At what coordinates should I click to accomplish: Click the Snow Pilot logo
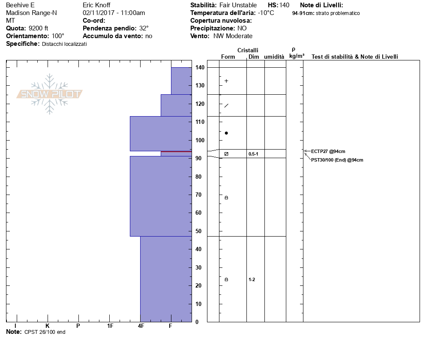coord(50,94)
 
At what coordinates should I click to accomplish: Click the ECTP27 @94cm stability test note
coord(328,151)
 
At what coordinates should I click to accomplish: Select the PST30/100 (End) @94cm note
coord(337,160)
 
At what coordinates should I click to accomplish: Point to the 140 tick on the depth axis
coord(199,68)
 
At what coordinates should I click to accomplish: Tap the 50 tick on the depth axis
coord(199,231)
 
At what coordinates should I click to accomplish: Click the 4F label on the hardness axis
coord(141,326)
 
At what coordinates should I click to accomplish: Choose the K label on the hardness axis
coord(48,326)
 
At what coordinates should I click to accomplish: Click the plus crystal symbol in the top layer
coord(226,81)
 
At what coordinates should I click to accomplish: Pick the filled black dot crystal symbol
coord(226,133)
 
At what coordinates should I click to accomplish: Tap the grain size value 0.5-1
coord(253,154)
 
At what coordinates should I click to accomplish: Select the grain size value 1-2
coord(252,279)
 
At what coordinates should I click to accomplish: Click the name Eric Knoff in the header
coord(96,5)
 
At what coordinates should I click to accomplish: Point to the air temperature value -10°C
coord(266,13)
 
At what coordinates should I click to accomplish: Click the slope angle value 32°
coord(144,28)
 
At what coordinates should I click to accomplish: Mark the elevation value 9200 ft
coord(39,28)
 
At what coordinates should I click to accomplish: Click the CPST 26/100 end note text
coord(45,332)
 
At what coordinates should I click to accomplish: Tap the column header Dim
coord(254,57)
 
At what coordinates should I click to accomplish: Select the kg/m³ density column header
coord(297,56)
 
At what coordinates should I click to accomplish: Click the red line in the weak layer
coord(176,152)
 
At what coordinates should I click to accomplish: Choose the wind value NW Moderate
coord(233,36)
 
